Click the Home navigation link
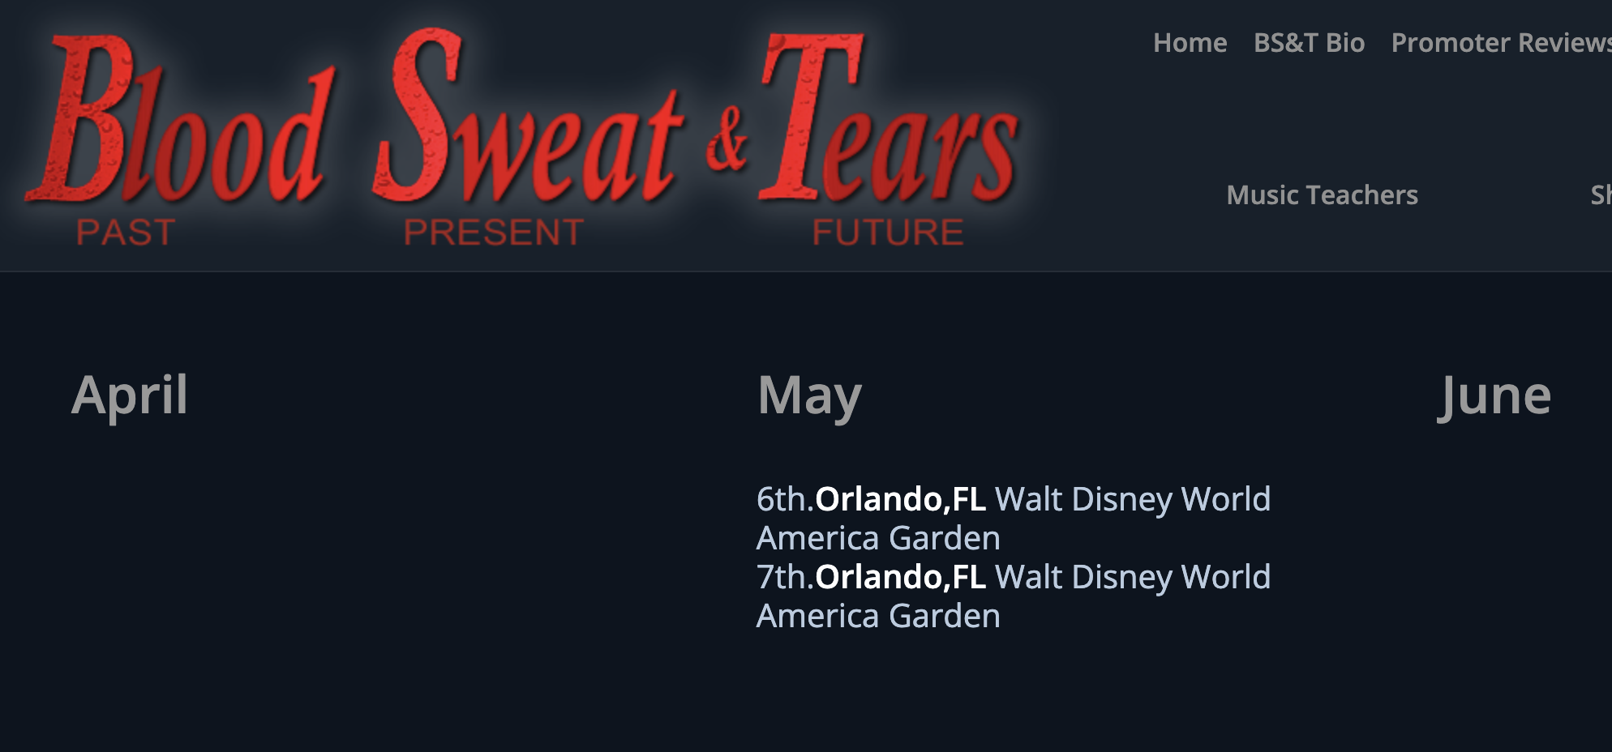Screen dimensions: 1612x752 pyautogui.click(x=1190, y=43)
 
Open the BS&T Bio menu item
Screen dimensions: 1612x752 pyautogui.click(x=1309, y=43)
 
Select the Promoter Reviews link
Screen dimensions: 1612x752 pyautogui.click(x=1501, y=43)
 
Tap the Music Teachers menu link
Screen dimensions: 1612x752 pyautogui.click(x=1322, y=195)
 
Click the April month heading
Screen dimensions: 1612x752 pyautogui.click(x=130, y=396)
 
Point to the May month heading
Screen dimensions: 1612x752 pyautogui.click(x=809, y=396)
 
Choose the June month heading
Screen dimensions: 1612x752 pyautogui.click(x=1494, y=396)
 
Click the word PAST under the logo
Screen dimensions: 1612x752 pyautogui.click(x=126, y=233)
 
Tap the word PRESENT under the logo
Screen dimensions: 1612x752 pyautogui.click(x=494, y=233)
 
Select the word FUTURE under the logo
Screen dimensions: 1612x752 pyautogui.click(x=888, y=233)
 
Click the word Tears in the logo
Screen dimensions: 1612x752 pyautogui.click(x=889, y=117)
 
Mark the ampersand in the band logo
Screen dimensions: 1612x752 pyautogui.click(x=727, y=139)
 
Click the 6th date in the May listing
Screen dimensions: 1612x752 pyautogui.click(x=784, y=499)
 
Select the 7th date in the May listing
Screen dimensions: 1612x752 pyautogui.click(x=784, y=577)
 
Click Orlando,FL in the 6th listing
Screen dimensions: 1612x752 pyautogui.click(x=900, y=500)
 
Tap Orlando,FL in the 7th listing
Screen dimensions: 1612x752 pyautogui.click(x=900, y=578)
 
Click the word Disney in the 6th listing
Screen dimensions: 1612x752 pyautogui.click(x=1122, y=500)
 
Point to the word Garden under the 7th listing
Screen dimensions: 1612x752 pyautogui.click(x=945, y=617)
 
